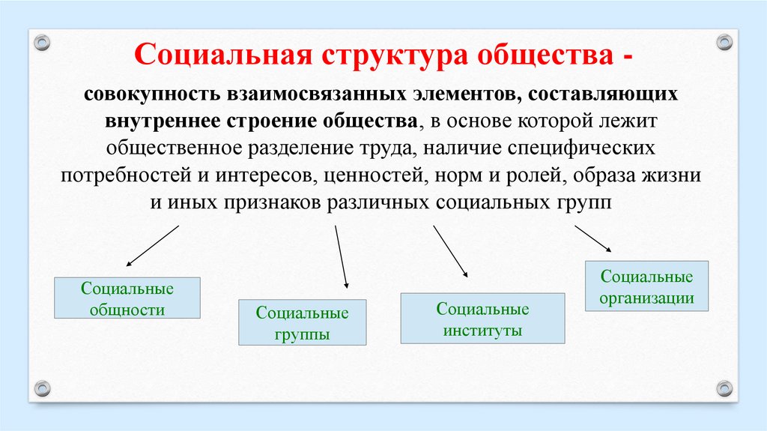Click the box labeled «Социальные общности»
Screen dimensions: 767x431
127,298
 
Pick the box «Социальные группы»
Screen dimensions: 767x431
302,322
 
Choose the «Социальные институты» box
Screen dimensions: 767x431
482,319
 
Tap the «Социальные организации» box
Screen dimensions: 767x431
646,286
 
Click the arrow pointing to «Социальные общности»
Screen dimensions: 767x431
153,246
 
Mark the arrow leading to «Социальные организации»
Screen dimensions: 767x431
594,239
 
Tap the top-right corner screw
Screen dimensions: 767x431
724,42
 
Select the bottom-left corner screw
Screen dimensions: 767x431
42,388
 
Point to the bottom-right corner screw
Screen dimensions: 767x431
724,388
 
